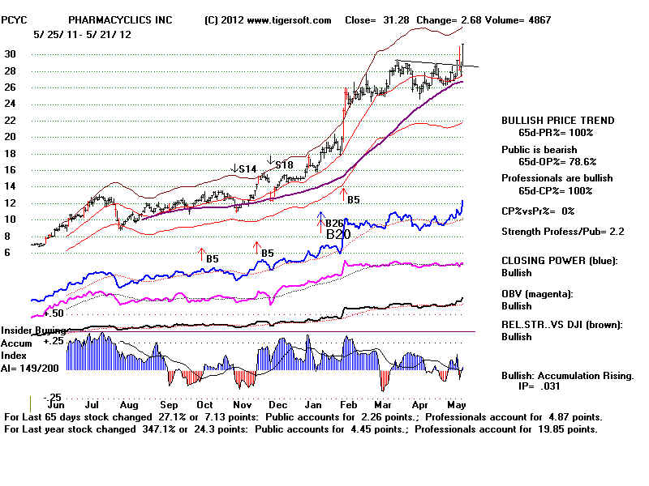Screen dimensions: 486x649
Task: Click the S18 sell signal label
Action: tap(284, 165)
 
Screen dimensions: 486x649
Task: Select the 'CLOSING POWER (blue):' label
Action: tap(559, 260)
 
